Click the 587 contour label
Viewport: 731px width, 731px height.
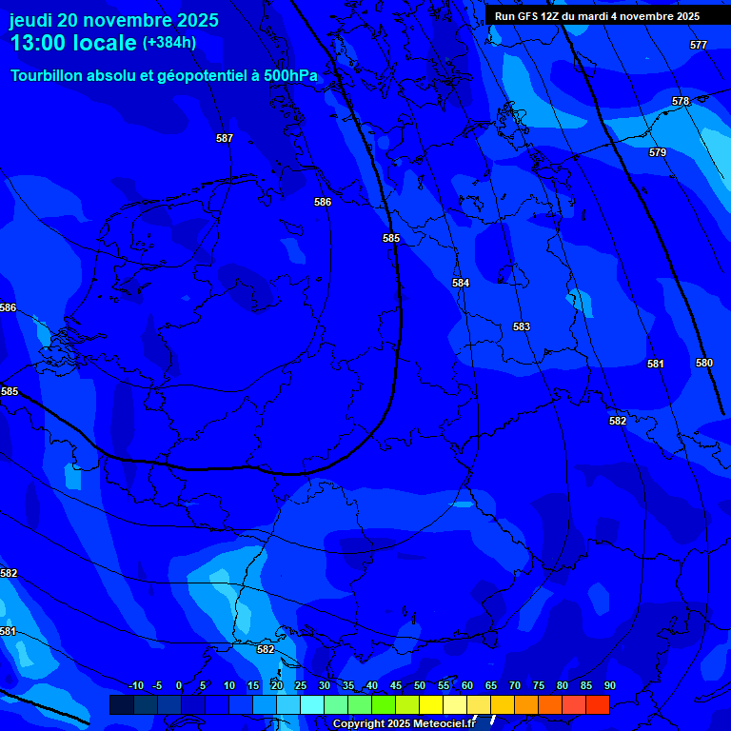pos(225,138)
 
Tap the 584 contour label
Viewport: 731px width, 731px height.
pos(461,283)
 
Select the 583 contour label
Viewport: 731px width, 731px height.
pos(522,326)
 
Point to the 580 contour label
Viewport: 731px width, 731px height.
pos(704,363)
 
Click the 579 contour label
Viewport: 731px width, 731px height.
pos(658,152)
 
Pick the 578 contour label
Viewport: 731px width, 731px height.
pos(681,101)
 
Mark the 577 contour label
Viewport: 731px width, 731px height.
pos(699,45)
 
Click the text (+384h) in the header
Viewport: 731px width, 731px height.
pos(169,43)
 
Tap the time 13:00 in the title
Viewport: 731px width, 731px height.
pos(40,44)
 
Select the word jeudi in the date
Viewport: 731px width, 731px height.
pos(30,20)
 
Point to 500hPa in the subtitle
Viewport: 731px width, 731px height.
pos(290,75)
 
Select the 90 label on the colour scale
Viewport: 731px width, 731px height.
pos(609,685)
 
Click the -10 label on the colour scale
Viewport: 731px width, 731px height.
pos(135,685)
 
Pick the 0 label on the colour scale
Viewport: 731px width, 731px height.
pos(179,685)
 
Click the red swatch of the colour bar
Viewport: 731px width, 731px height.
pos(597,704)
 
